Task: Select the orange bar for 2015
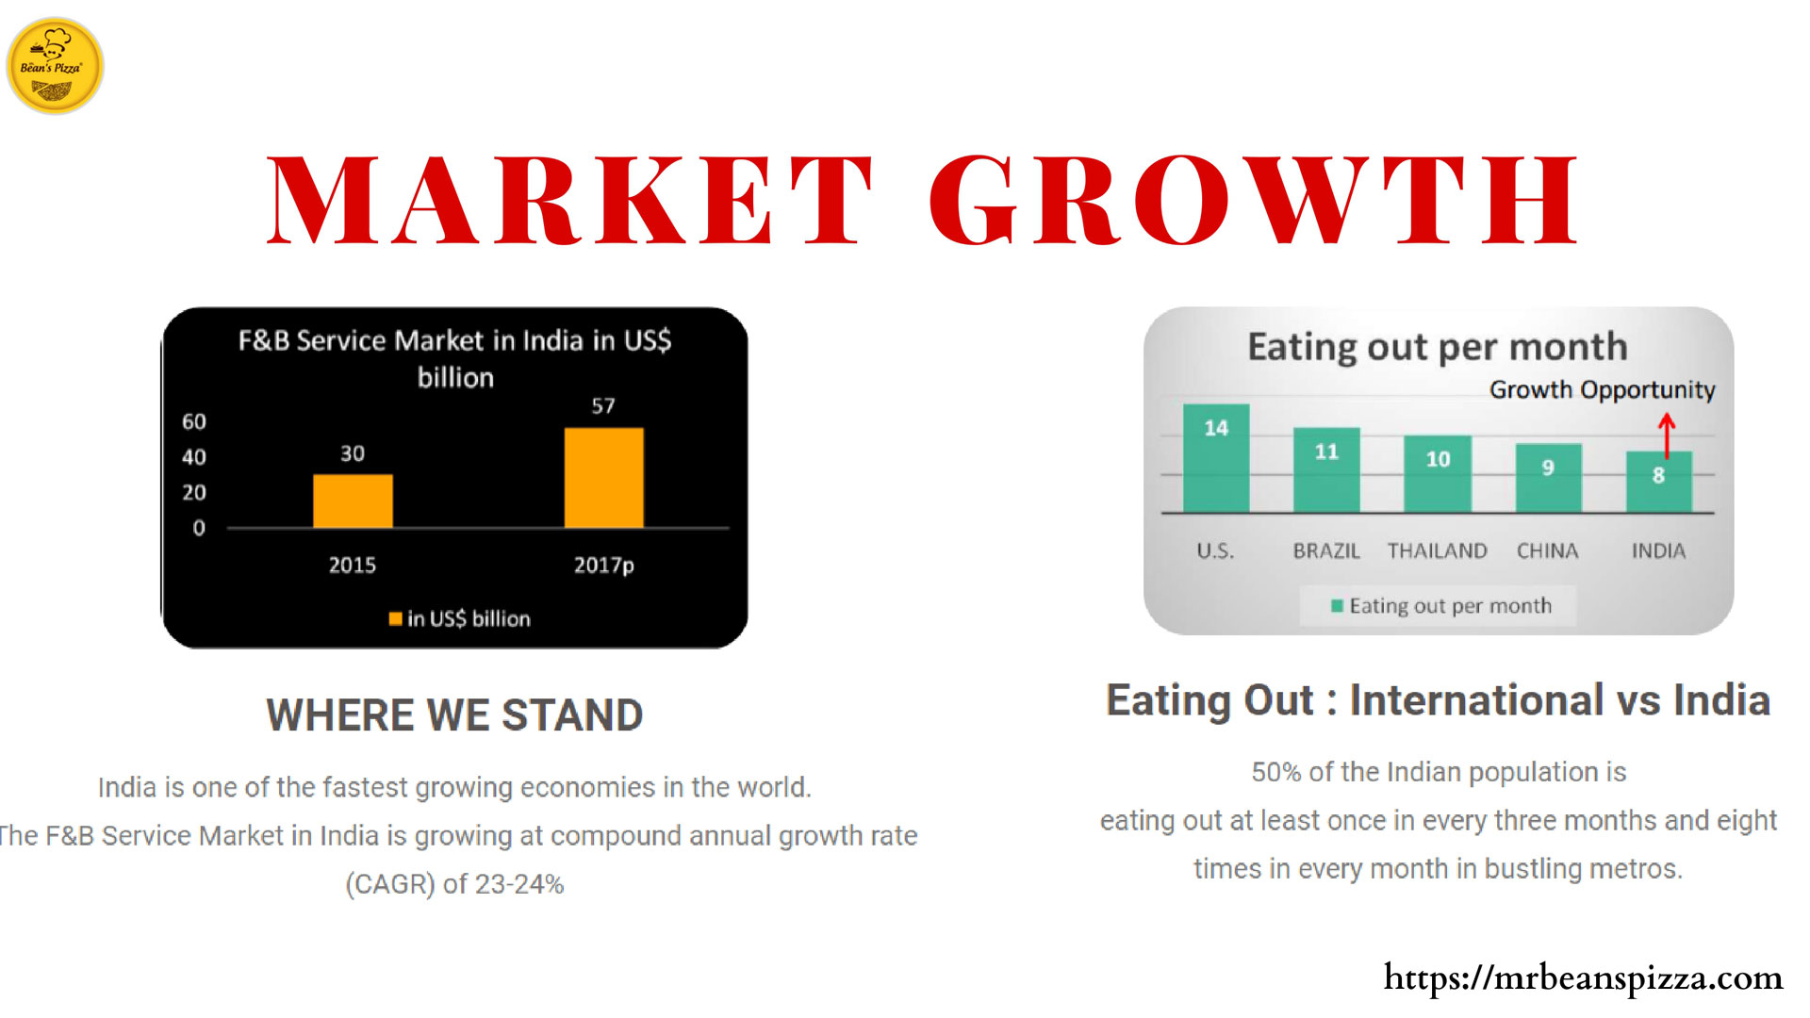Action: coord(353,501)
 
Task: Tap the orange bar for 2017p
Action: coord(604,478)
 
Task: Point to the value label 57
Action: coord(603,406)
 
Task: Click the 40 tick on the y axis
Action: coord(194,457)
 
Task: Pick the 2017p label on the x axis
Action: coord(604,566)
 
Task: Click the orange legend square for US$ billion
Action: coord(396,618)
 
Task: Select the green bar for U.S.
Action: coord(1216,458)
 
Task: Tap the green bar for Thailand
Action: coord(1438,474)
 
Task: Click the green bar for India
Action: coord(1659,482)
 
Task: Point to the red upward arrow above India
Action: coord(1667,435)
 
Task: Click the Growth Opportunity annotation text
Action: coord(1602,390)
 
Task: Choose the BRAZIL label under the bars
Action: coord(1326,550)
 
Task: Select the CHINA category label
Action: coord(1547,550)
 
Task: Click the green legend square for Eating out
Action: coord(1337,605)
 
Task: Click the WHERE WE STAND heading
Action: coord(454,715)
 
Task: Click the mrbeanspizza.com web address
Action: coord(1583,977)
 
